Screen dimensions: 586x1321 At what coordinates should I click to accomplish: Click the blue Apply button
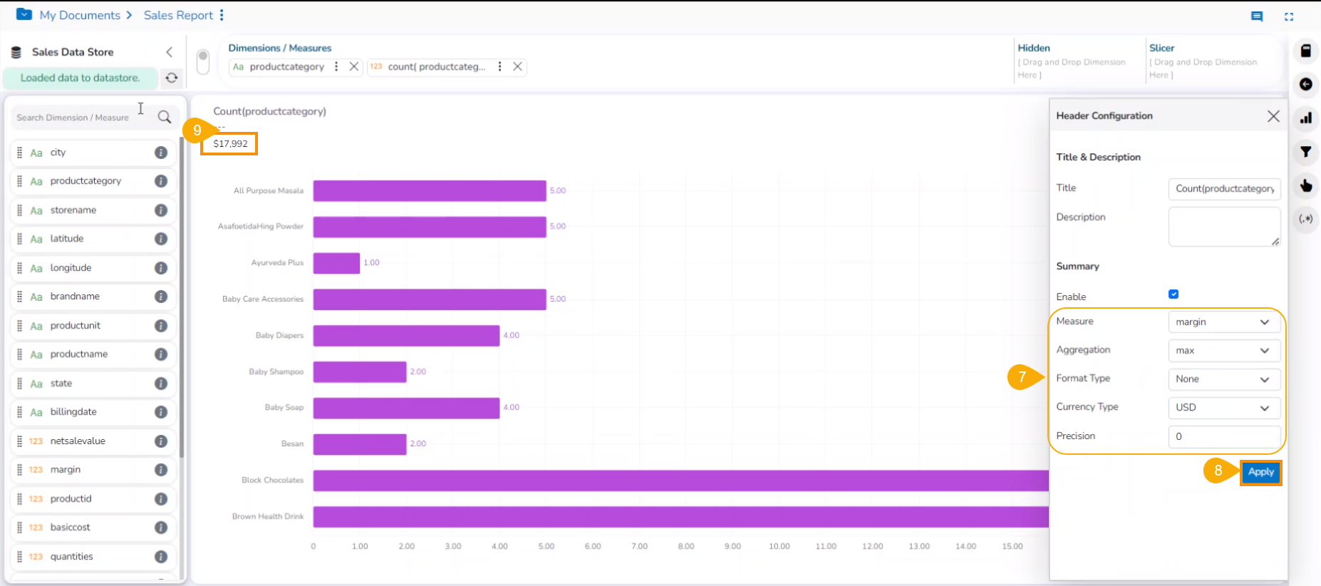click(x=1260, y=472)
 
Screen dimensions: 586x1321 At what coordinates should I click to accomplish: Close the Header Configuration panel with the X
click(x=1273, y=116)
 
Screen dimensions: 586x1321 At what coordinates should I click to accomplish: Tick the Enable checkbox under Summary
click(x=1174, y=294)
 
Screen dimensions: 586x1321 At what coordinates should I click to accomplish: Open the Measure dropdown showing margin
click(x=1223, y=322)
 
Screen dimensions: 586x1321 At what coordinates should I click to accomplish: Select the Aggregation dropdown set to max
click(x=1223, y=351)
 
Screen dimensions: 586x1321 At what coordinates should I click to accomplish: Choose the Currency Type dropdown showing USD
click(x=1223, y=408)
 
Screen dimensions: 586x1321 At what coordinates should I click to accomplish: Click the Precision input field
click(x=1223, y=436)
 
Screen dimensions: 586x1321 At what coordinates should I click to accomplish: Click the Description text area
click(x=1223, y=227)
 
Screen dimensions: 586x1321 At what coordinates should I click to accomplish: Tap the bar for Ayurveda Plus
click(x=336, y=263)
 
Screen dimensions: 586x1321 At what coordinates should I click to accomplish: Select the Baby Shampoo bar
click(x=360, y=371)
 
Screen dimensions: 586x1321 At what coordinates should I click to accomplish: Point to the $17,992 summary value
click(x=230, y=144)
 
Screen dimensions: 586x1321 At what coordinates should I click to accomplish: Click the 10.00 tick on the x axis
click(x=779, y=546)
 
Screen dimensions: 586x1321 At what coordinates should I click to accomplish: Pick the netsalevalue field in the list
click(x=78, y=441)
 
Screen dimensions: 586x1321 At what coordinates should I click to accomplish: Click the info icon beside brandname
click(x=161, y=297)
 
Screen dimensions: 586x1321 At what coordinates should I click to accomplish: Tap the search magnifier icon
click(x=165, y=117)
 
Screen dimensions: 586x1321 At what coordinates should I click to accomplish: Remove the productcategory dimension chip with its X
click(x=353, y=66)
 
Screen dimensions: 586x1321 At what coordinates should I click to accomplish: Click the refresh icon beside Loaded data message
click(x=172, y=78)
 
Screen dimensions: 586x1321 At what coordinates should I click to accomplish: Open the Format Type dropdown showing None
click(x=1223, y=379)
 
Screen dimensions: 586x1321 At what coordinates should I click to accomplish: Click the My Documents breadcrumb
click(x=80, y=15)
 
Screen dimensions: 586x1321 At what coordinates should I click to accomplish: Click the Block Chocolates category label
click(x=272, y=480)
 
